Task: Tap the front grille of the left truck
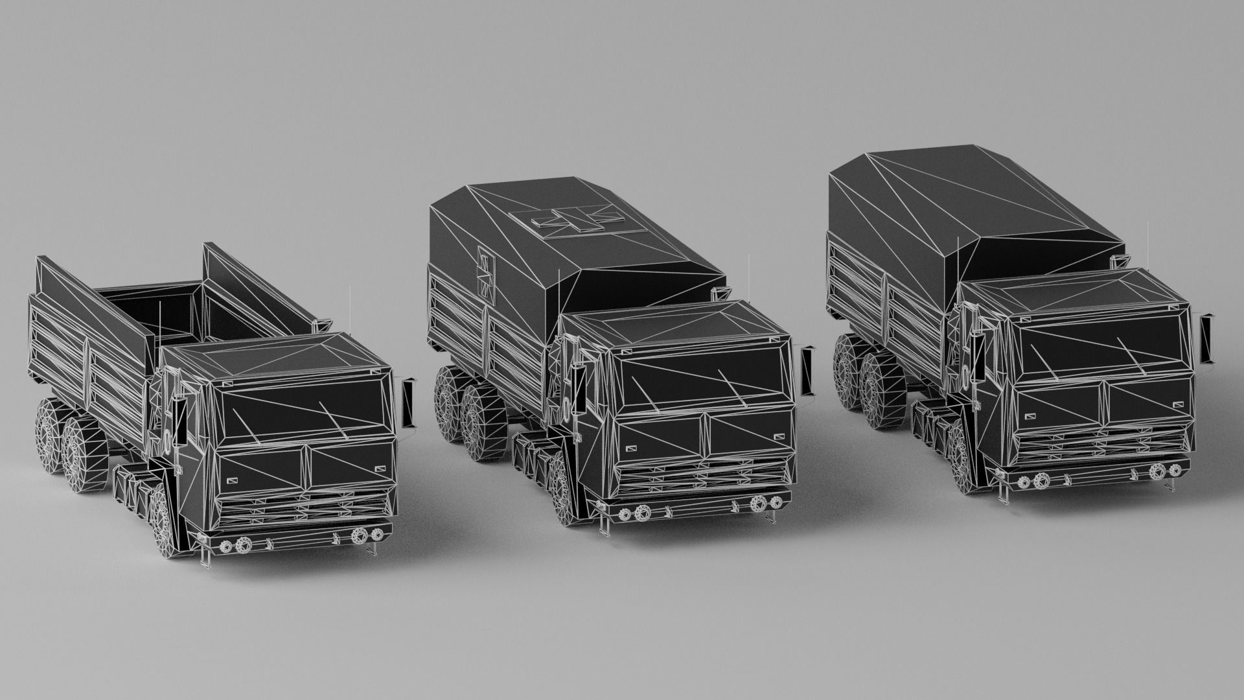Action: tap(305, 506)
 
